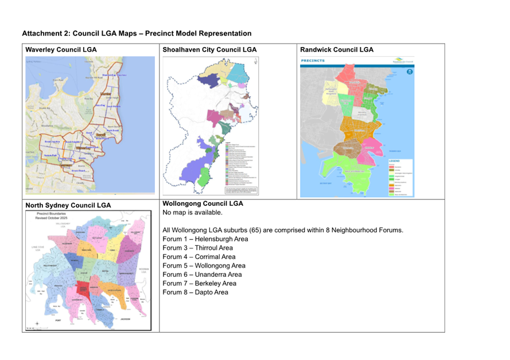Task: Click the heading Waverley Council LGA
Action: click(x=61, y=50)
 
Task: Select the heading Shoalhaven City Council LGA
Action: click(x=209, y=50)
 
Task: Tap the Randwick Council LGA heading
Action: click(x=337, y=50)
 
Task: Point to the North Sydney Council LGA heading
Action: click(x=68, y=205)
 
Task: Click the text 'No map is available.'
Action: click(x=192, y=213)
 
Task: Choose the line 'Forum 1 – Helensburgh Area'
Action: click(x=205, y=239)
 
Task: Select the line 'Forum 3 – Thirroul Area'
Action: click(x=197, y=248)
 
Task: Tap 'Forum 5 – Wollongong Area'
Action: click(x=204, y=266)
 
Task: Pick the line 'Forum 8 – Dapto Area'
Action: click(x=195, y=292)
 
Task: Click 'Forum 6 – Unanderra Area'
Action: click(x=202, y=275)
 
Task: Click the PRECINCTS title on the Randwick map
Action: click(x=313, y=60)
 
